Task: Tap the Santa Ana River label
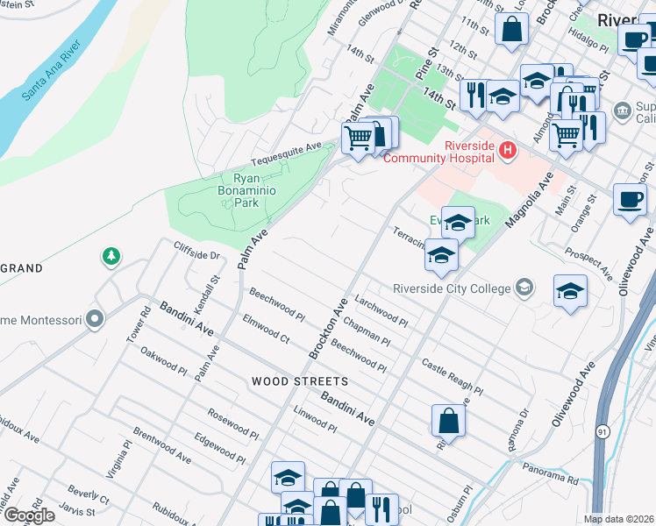coord(53,69)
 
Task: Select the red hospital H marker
coord(507,152)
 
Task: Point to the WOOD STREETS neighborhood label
coord(299,382)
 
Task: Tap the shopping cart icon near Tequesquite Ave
coord(358,138)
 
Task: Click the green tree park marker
coord(111,257)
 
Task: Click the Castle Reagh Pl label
coord(452,376)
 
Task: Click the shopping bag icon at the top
coord(511,29)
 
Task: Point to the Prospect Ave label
coord(588,263)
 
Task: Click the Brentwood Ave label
coord(162,446)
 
